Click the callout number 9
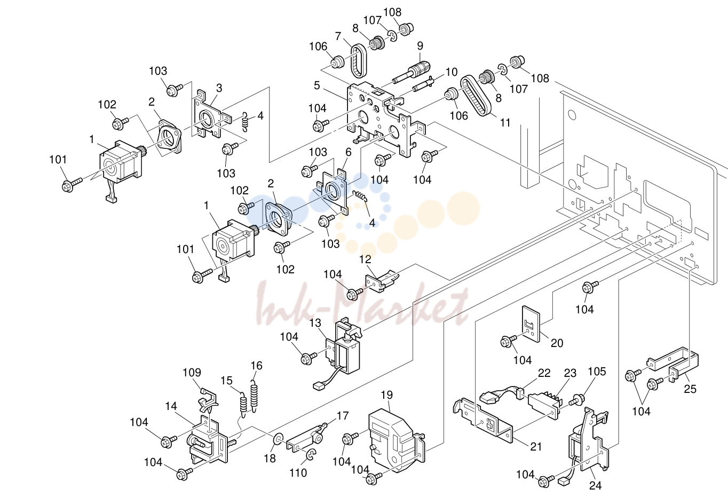pyautogui.click(x=420, y=46)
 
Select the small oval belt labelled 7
pyautogui.click(x=359, y=61)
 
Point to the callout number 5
pyautogui.click(x=317, y=85)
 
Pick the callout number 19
pyautogui.click(x=387, y=395)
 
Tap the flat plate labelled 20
pyautogui.click(x=531, y=324)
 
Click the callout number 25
pyautogui.click(x=690, y=389)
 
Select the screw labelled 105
pyautogui.click(x=577, y=400)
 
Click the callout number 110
pyautogui.click(x=298, y=472)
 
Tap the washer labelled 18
pyautogui.click(x=278, y=439)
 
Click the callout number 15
pyautogui.click(x=226, y=380)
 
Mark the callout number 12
pyautogui.click(x=365, y=259)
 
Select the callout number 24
pyautogui.click(x=596, y=486)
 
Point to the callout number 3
pyautogui.click(x=219, y=88)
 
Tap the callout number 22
pyautogui.click(x=544, y=373)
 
